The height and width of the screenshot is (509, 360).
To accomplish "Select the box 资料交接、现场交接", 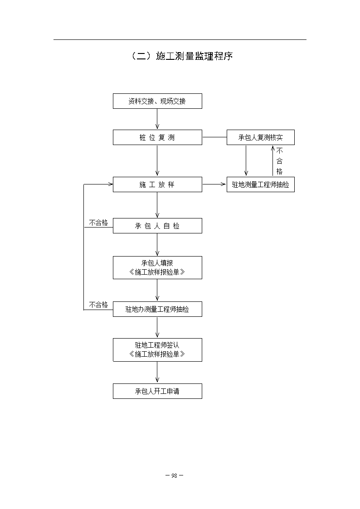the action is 157,101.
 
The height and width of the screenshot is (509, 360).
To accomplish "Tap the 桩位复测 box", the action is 157,137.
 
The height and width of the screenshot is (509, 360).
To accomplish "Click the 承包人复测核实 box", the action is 260,137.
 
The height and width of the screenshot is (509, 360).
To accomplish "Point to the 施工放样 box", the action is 157,184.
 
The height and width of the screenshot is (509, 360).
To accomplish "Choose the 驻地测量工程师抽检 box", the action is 260,184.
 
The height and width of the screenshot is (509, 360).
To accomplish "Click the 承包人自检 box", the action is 157,226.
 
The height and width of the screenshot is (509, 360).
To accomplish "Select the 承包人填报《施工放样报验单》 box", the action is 157,268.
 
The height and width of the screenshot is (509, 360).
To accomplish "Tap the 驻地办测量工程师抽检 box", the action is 157,309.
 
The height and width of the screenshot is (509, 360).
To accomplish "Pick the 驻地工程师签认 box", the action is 157,350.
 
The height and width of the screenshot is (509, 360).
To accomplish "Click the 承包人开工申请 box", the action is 157,391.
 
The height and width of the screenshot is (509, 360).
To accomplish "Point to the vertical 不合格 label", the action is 279,161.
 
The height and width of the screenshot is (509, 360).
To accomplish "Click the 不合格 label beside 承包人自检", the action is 98,223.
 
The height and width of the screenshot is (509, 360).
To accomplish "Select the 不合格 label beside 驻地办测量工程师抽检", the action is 98,305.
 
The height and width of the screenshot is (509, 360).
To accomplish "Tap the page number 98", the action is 174,475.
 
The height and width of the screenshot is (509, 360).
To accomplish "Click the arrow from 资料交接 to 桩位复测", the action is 157,119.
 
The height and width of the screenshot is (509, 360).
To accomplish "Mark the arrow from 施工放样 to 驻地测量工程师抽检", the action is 214,184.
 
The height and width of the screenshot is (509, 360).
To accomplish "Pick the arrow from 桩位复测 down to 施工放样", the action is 157,161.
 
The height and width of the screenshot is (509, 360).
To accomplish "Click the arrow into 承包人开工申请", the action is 157,373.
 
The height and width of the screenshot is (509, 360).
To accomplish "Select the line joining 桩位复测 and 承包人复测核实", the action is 214,137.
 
